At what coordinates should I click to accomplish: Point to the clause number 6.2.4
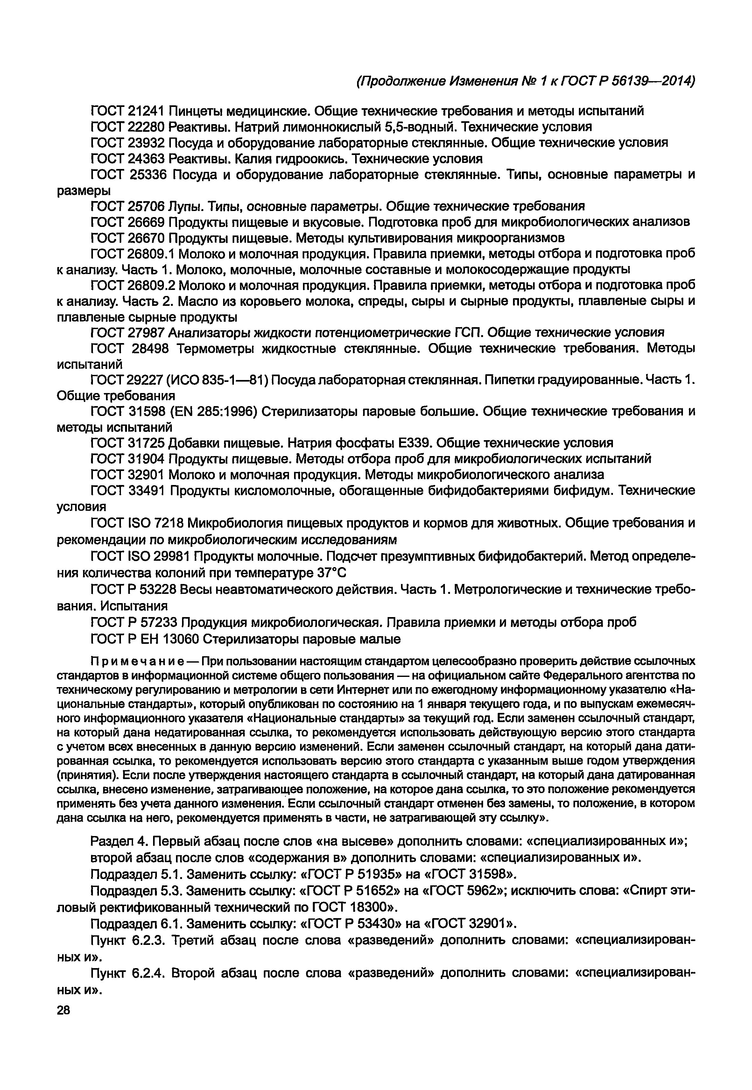tap(147, 973)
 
